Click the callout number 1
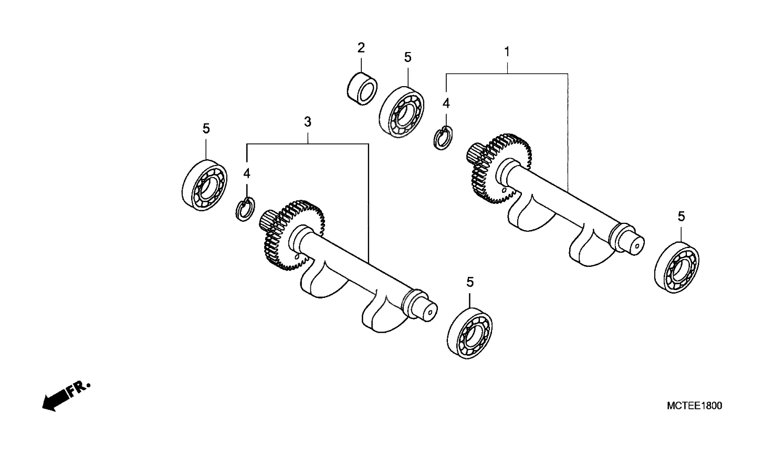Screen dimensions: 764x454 (x=507, y=52)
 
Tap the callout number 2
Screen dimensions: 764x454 (x=361, y=48)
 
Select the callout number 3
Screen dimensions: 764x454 (x=308, y=122)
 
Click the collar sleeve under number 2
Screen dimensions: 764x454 (x=362, y=89)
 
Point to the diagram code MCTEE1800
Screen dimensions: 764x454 (x=694, y=406)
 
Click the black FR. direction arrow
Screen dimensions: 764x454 (x=56, y=400)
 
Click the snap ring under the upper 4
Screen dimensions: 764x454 (x=443, y=138)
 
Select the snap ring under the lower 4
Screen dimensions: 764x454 (x=245, y=209)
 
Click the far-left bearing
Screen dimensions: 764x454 (x=205, y=185)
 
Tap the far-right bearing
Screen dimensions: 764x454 (x=677, y=267)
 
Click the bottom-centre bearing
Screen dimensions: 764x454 (x=469, y=333)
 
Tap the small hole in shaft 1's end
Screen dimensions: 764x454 (x=636, y=246)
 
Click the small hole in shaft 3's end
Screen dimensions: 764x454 (x=430, y=312)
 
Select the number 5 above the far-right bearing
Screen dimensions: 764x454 (x=681, y=216)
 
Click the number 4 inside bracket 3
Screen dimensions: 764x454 (x=247, y=173)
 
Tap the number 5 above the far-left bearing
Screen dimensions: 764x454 (x=206, y=128)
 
